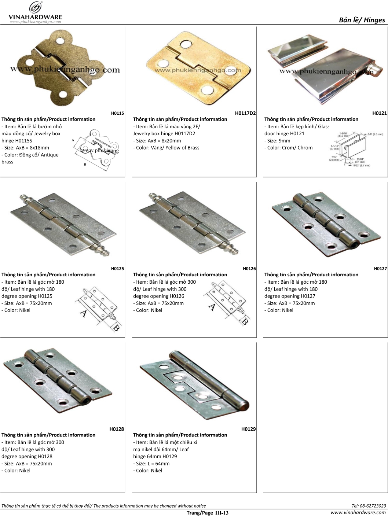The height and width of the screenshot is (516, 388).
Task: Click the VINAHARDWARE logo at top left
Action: click(x=35, y=12)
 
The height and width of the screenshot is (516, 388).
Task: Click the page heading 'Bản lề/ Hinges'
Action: click(x=362, y=20)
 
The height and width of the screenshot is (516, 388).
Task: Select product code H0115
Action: click(x=117, y=113)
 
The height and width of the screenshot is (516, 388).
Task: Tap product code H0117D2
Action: click(x=245, y=113)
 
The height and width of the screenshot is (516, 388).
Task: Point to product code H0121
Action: click(x=379, y=113)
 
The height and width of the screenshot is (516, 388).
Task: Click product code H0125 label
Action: click(x=117, y=269)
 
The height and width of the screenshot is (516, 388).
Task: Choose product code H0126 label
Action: click(x=249, y=269)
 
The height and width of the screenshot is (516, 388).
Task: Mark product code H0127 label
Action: click(x=380, y=269)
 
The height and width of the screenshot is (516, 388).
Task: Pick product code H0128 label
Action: click(x=117, y=429)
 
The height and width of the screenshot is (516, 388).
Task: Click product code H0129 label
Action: click(x=248, y=429)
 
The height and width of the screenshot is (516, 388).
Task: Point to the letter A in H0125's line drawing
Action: click(x=84, y=313)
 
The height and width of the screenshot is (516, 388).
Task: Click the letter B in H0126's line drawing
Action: click(x=245, y=322)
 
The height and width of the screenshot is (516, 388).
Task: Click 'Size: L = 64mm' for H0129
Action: click(x=151, y=464)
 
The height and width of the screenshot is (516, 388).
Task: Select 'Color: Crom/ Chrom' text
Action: click(x=288, y=148)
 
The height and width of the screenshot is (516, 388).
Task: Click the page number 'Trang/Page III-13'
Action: click(x=207, y=513)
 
